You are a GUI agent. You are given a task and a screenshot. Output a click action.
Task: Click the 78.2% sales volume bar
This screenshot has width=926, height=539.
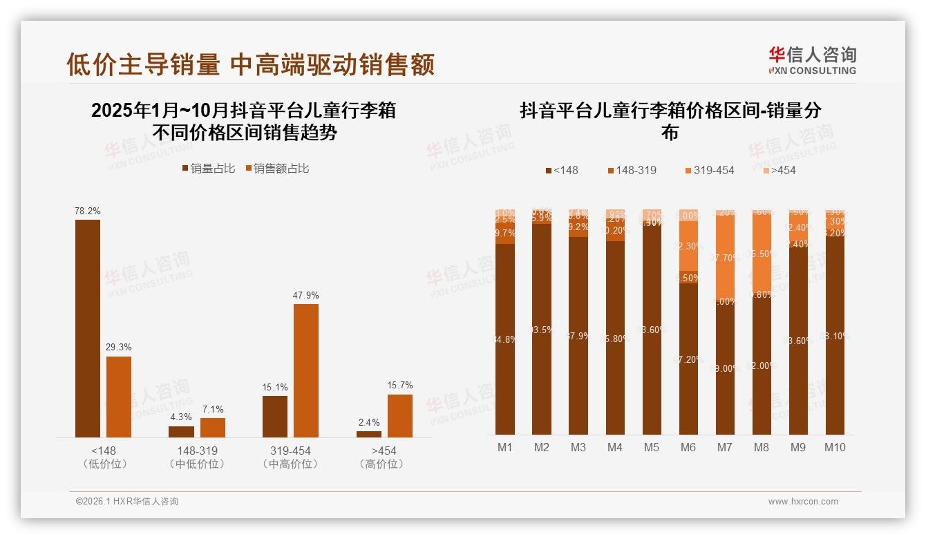[x=88, y=328]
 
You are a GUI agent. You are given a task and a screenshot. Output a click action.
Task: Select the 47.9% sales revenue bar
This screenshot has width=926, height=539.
[x=306, y=370]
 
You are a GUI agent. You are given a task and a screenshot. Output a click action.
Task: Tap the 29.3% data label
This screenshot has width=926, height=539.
[x=119, y=347]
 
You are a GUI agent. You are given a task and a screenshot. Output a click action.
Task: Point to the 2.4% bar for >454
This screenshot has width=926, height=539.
[x=369, y=434]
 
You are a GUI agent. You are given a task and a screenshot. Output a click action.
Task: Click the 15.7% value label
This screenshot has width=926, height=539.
[x=400, y=385]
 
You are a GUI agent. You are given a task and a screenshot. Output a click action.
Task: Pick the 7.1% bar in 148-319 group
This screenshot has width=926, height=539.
[x=213, y=428]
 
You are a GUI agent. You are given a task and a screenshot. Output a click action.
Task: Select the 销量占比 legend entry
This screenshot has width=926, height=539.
[x=209, y=169]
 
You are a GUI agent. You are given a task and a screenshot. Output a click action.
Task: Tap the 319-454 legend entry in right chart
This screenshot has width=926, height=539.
[x=709, y=170]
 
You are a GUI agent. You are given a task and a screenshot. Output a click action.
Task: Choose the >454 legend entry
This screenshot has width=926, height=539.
[x=779, y=170]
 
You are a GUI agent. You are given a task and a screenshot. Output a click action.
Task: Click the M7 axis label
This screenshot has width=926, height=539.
[x=724, y=447]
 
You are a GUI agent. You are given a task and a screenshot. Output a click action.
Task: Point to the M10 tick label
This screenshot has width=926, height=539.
[x=835, y=447]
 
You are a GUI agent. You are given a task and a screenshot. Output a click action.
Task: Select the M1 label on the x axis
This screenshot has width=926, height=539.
[x=505, y=447]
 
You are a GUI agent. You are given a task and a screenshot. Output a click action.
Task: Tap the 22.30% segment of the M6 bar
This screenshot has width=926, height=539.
[x=688, y=246]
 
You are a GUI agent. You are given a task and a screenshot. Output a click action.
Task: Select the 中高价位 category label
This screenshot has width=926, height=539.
[x=291, y=464]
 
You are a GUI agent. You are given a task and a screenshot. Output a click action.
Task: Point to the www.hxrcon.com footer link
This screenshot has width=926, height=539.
[x=803, y=502]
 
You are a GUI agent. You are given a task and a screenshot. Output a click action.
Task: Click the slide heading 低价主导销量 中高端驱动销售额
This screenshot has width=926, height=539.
[x=250, y=64]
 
